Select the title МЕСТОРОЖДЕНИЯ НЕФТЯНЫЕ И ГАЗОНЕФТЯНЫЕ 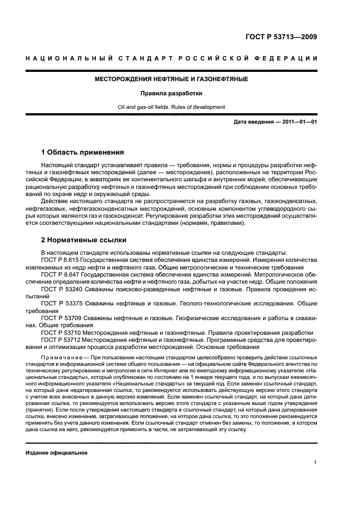172,79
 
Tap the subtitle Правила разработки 172,93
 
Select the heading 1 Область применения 82,152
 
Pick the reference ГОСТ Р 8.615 58,261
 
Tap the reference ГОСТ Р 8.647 58,275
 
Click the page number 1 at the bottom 315,463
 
